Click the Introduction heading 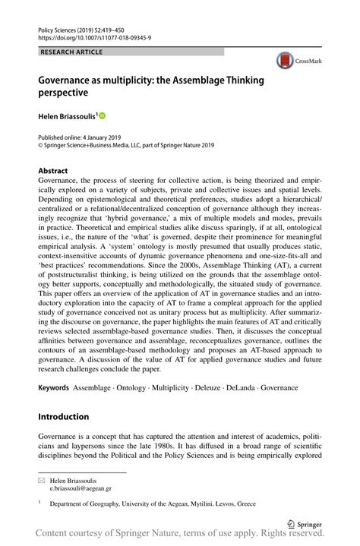[x=64, y=416]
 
